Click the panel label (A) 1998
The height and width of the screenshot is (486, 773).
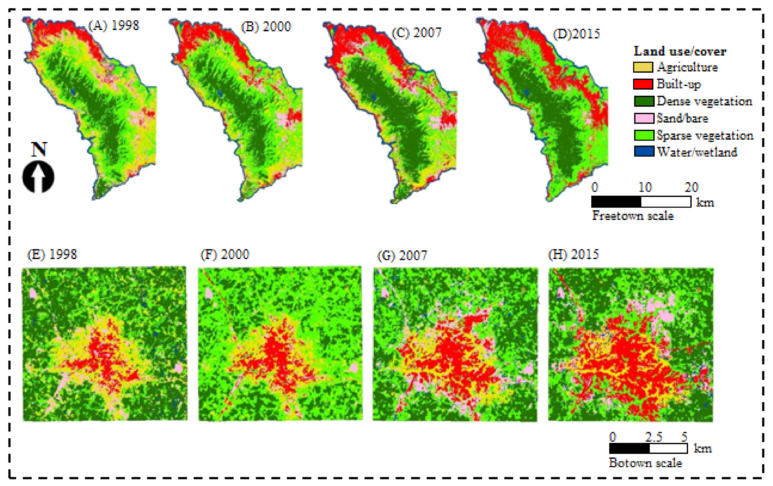(x=114, y=26)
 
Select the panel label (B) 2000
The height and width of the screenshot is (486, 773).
(x=266, y=27)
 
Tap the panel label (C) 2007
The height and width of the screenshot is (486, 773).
(x=417, y=33)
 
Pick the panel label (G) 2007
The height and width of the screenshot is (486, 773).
(x=402, y=255)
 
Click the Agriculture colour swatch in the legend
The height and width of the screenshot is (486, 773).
(x=643, y=67)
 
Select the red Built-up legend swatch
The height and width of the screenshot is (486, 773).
(x=643, y=84)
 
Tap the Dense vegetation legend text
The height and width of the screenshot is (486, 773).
(x=704, y=101)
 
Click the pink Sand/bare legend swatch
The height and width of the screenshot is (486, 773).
(x=644, y=118)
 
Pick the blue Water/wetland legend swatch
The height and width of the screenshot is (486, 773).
(x=644, y=152)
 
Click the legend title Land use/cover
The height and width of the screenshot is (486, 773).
(x=680, y=51)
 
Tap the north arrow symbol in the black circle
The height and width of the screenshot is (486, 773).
(x=38, y=177)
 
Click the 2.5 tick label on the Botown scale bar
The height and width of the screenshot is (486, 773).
(x=654, y=437)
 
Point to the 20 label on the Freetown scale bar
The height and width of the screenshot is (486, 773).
(x=691, y=187)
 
